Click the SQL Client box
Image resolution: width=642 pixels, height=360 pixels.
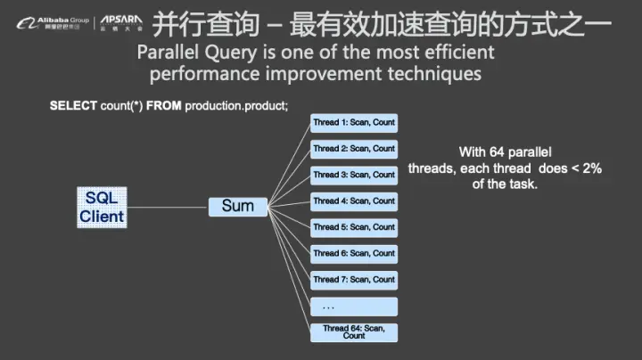tap(102, 207)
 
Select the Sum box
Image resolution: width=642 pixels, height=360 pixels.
tap(237, 206)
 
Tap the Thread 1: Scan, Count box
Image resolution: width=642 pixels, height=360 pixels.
tap(354, 123)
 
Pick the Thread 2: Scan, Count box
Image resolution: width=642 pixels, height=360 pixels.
tap(354, 149)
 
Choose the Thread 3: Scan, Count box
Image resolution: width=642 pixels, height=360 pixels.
tap(354, 175)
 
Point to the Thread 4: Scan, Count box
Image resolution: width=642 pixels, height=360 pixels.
tap(354, 201)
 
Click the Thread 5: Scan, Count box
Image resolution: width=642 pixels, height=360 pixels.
tap(354, 227)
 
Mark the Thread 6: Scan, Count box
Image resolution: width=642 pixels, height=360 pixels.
tap(354, 253)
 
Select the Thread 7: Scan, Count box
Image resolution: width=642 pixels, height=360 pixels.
tap(354, 280)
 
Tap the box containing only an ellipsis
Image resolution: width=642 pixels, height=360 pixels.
tap(354, 307)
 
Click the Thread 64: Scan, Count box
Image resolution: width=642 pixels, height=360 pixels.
tap(354, 332)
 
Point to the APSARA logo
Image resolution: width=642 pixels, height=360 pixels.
tap(119, 20)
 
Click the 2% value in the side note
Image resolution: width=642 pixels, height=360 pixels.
tap(592, 168)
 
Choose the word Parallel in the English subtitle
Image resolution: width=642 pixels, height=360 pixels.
tap(171, 53)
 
